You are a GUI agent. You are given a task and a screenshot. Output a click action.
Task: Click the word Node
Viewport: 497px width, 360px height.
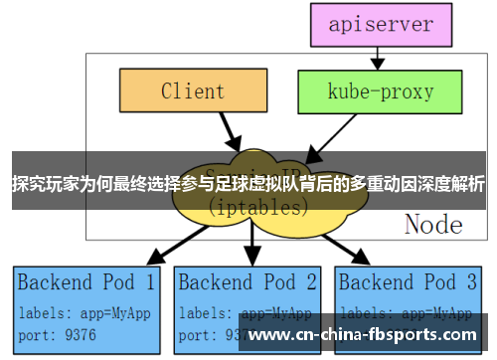tap(433, 224)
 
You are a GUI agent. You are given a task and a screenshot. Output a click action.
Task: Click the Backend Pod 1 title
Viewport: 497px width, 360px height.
tap(85, 281)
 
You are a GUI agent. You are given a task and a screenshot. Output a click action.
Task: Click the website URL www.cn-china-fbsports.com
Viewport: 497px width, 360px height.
tap(362, 335)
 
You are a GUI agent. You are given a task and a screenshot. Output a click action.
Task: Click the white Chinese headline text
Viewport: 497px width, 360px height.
tap(248, 183)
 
